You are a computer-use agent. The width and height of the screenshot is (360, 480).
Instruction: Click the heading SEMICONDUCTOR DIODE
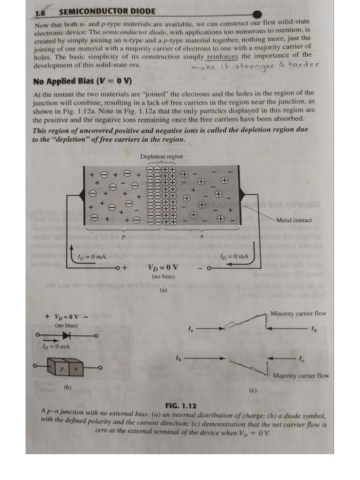click(108, 11)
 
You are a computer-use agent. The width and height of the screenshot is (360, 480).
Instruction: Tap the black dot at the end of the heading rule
click(257, 15)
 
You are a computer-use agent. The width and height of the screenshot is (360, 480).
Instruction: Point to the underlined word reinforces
click(223, 57)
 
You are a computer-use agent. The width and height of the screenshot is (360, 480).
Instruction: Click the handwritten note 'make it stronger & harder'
click(256, 66)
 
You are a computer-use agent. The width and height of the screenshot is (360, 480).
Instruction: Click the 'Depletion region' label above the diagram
click(161, 157)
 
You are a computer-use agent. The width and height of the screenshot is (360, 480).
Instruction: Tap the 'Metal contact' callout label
click(294, 220)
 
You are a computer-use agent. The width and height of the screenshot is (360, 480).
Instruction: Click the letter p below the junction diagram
click(123, 237)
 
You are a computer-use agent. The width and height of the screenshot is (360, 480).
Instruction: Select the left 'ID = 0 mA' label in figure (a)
click(91, 256)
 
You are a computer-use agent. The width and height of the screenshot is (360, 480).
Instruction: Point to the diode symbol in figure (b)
click(67, 335)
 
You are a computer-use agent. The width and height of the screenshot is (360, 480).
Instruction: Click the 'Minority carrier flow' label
click(298, 314)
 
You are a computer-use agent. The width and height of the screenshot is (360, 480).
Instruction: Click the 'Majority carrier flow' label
click(300, 375)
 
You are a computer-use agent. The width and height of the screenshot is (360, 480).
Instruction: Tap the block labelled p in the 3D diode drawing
click(61, 370)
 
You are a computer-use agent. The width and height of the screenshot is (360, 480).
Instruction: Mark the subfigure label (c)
click(253, 390)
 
